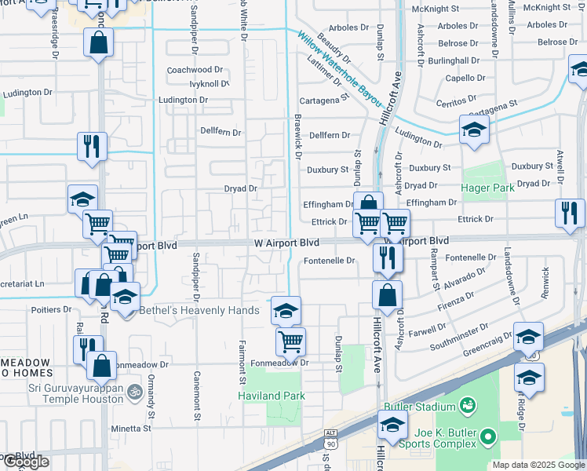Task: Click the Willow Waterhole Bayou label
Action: pyautogui.click(x=339, y=69)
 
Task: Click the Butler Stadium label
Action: pyautogui.click(x=420, y=407)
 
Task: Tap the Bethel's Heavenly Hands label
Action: pyautogui.click(x=199, y=311)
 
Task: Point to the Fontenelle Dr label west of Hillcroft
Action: pyautogui.click(x=330, y=260)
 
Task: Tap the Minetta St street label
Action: pyautogui.click(x=130, y=429)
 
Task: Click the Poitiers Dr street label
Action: pyautogui.click(x=51, y=309)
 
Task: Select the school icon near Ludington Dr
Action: pyautogui.click(x=474, y=131)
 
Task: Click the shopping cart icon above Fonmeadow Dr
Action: pyautogui.click(x=290, y=341)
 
